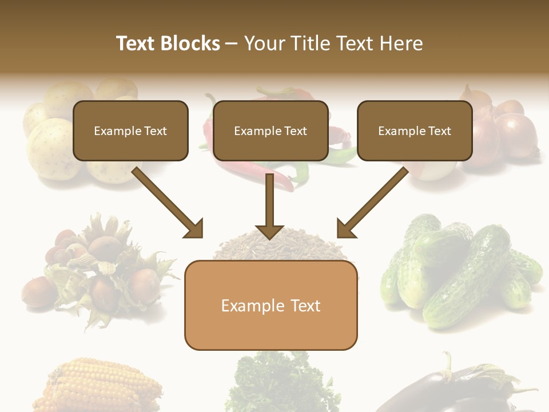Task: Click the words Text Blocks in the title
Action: pyautogui.click(x=168, y=43)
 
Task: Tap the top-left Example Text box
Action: pyautogui.click(x=130, y=130)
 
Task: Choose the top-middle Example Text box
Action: pyautogui.click(x=270, y=130)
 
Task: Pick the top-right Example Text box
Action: pyautogui.click(x=415, y=130)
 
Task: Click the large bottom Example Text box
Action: pyautogui.click(x=270, y=306)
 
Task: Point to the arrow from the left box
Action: pyautogui.click(x=169, y=203)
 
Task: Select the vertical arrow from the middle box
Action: pyautogui.click(x=270, y=209)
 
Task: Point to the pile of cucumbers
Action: pyautogui.click(x=457, y=269)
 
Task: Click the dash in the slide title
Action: pyautogui.click(x=232, y=44)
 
